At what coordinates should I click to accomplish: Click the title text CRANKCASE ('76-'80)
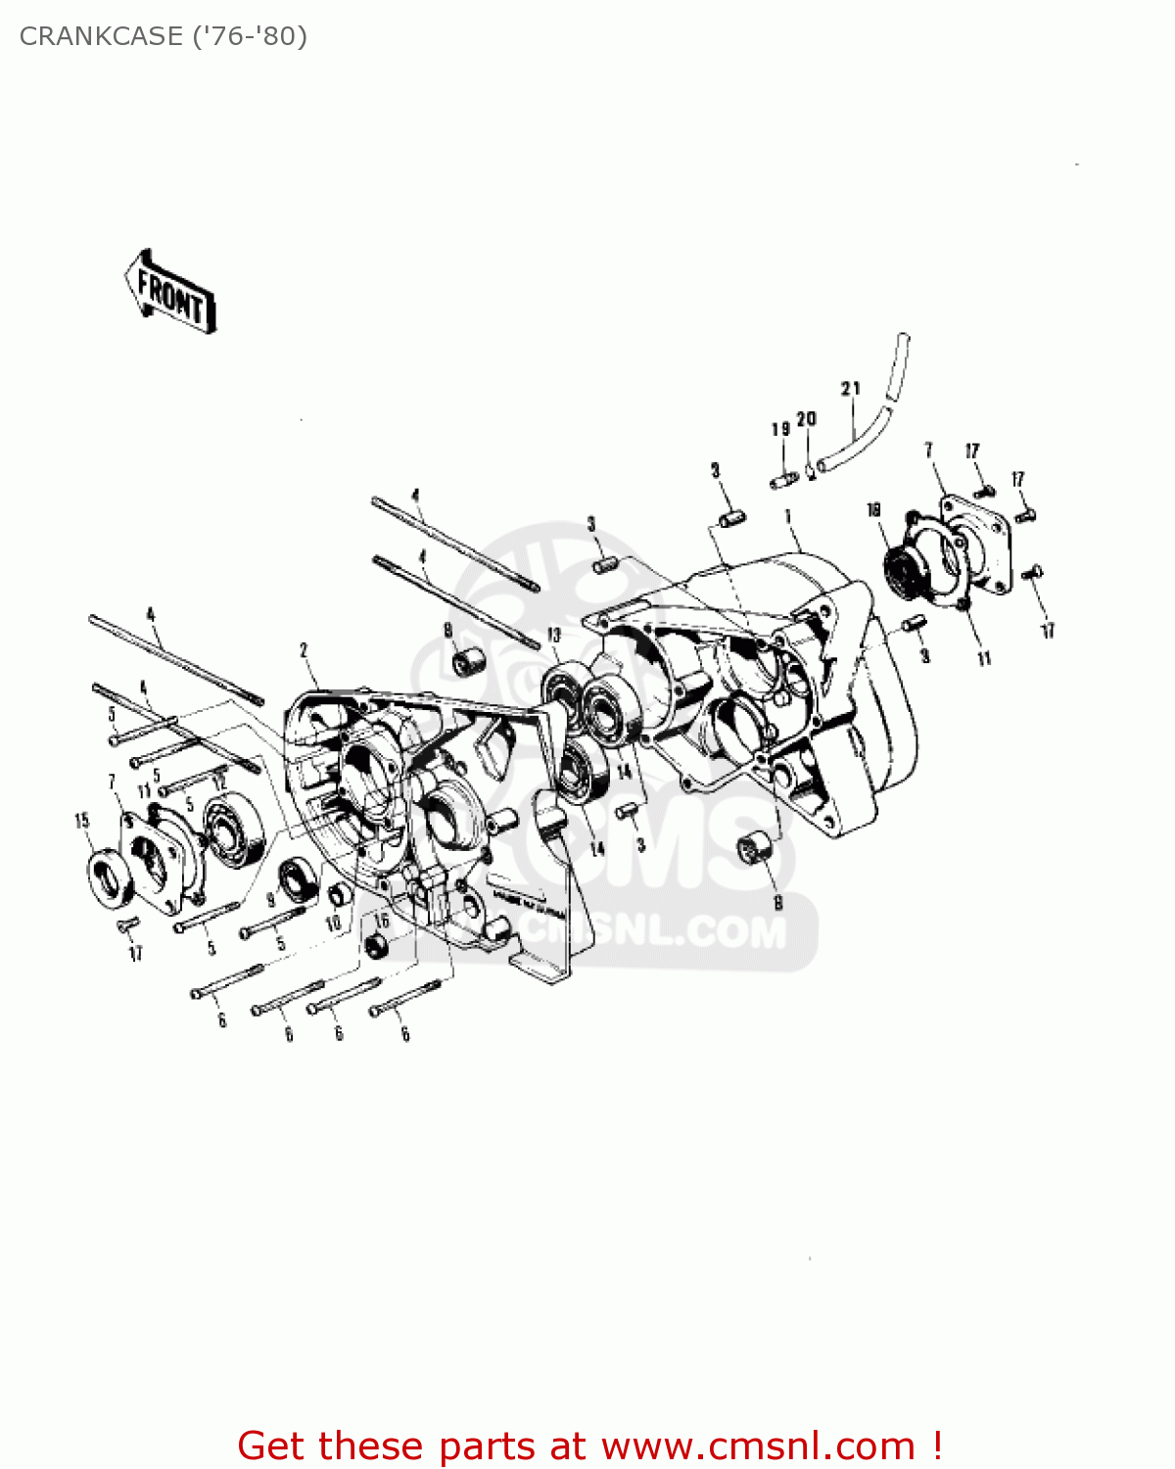click(x=163, y=36)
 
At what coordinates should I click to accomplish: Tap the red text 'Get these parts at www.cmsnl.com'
click(x=589, y=1445)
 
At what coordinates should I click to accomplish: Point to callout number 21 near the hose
click(x=850, y=389)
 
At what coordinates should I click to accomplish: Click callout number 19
click(x=780, y=429)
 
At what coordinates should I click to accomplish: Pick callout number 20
click(x=806, y=419)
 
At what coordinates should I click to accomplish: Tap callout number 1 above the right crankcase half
click(x=788, y=516)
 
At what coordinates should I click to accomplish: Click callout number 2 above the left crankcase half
click(x=304, y=650)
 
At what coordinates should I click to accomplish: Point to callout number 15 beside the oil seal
click(x=82, y=821)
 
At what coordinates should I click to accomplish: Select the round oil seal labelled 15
click(x=111, y=875)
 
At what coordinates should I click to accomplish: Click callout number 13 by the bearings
click(x=553, y=636)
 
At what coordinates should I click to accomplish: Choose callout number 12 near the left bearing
click(x=220, y=782)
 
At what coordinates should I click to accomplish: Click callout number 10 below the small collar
click(x=333, y=923)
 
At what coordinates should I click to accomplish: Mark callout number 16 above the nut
click(x=382, y=921)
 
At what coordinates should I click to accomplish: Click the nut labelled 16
click(x=376, y=946)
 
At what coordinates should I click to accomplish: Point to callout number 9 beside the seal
click(x=271, y=898)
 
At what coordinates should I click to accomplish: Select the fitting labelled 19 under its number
click(x=783, y=481)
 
